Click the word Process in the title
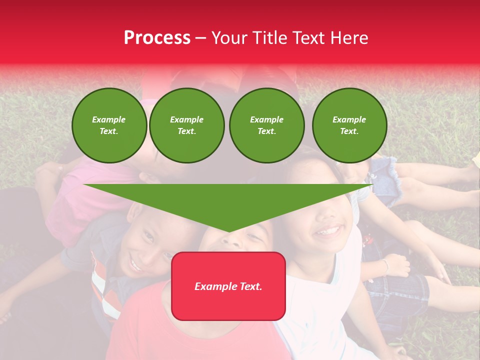pos(157,38)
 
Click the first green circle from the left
pos(109,125)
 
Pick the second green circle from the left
pos(187,125)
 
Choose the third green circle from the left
pos(266,125)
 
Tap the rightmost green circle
pos(349,125)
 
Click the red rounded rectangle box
pos(228,286)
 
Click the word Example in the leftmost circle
pos(109,119)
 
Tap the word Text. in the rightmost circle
pos(349,131)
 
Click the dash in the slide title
pos(200,38)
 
